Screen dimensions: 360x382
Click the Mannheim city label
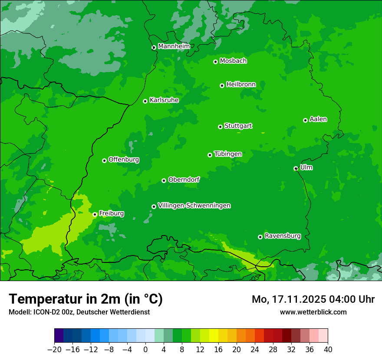(174, 46)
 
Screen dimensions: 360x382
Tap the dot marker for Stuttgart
(220, 127)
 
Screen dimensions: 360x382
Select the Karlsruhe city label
(164, 100)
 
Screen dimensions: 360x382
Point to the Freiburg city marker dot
(95, 214)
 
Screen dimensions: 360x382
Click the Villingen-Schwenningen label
(194, 206)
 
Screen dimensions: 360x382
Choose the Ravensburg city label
(283, 236)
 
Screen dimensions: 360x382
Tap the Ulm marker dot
(296, 168)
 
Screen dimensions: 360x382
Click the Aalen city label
(318, 119)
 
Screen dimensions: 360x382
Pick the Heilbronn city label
(241, 85)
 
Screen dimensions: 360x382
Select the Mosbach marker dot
(215, 62)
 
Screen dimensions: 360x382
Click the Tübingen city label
(228, 154)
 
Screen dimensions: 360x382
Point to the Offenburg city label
(124, 160)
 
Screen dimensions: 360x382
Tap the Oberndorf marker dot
(164, 180)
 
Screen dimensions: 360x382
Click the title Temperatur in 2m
(86, 299)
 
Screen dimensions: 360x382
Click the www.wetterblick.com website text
(313, 312)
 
